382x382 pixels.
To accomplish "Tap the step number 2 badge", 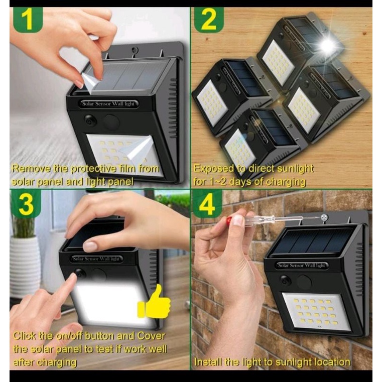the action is pos(209,20).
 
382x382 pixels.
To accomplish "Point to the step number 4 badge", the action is pos(207,203).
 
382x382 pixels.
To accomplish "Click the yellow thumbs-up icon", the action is pos(155,302).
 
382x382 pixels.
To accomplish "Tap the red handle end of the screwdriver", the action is pos(228,221).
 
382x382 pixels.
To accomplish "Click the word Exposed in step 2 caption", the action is pos(214,169).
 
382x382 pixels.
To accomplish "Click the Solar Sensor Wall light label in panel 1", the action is pos(108,104).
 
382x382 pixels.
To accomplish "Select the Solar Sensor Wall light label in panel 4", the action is pos(302,266).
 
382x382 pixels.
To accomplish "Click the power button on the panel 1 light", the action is pos(89,120).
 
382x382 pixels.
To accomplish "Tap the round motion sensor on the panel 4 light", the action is pos(304,282).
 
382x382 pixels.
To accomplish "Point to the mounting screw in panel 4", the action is pos(324,217).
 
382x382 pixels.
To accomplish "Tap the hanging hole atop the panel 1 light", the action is pos(134,50).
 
